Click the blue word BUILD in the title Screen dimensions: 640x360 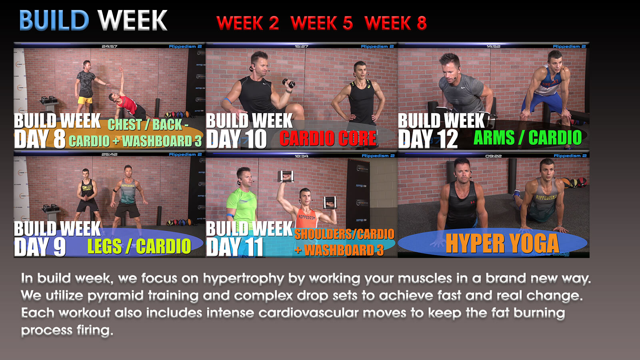[x=54, y=20]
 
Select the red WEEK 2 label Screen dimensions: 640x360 [x=248, y=23]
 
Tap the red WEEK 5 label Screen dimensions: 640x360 [x=322, y=23]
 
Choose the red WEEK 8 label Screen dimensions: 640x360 [x=396, y=23]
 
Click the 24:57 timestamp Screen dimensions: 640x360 [x=110, y=46]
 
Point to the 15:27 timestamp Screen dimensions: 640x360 [x=301, y=46]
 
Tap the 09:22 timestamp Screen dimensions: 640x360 [x=494, y=156]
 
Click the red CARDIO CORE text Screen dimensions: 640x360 [x=328, y=138]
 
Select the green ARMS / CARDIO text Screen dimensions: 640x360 [x=528, y=138]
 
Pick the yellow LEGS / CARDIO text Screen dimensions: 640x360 [x=139, y=246]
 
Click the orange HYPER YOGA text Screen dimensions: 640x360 [x=502, y=244]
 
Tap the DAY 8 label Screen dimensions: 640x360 [x=40, y=139]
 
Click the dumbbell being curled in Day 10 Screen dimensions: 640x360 [x=289, y=83]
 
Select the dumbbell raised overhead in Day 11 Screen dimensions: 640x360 [x=286, y=176]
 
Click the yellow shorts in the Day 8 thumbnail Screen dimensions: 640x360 [x=85, y=100]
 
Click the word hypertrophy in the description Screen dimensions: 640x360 [x=244, y=279]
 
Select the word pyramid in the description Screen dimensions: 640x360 [x=116, y=296]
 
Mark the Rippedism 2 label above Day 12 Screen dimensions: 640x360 [x=569, y=46]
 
